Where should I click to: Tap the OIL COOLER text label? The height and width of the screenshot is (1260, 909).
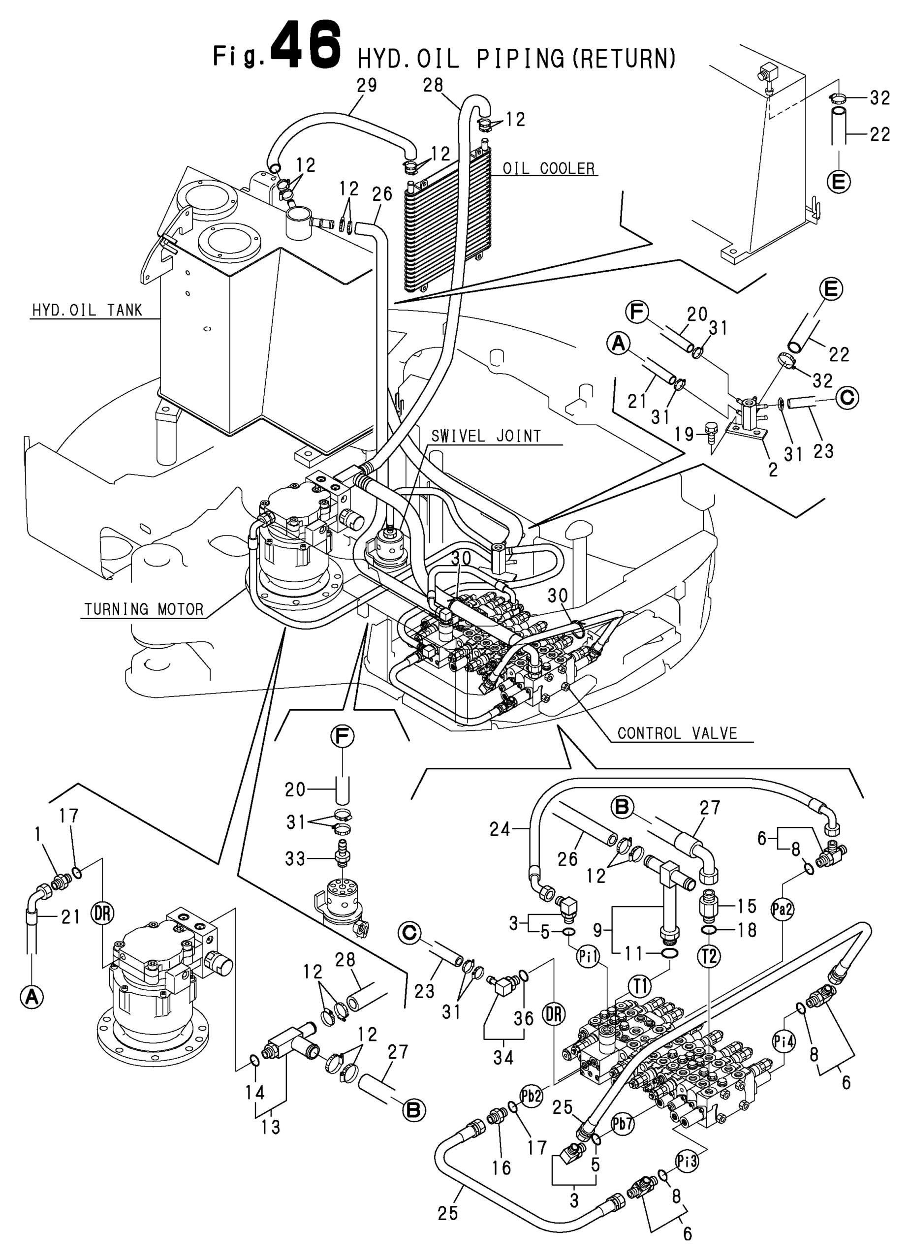pos(548,168)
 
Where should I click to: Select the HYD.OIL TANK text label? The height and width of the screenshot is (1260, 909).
pos(87,310)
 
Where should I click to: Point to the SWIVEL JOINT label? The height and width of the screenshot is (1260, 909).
pos(486,436)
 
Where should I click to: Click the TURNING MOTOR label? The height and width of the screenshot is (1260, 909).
pos(144,609)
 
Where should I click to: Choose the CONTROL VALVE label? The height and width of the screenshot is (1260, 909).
pos(677,733)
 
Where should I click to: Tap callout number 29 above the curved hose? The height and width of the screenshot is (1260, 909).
pos(366,85)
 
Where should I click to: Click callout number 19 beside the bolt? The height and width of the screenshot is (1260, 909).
pos(686,433)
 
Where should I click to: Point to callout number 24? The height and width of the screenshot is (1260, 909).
pos(500,829)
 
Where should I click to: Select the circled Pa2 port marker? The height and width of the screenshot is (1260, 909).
pos(783,910)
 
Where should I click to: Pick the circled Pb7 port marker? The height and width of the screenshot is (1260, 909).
pos(622,1122)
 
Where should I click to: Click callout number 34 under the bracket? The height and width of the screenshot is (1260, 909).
pos(503,1057)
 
